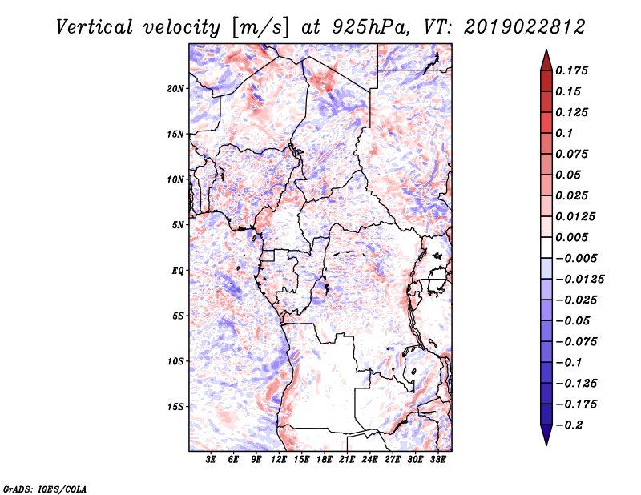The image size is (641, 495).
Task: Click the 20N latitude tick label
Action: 175,89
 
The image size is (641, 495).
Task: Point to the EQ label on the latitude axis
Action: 177,271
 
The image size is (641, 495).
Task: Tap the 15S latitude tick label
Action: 175,407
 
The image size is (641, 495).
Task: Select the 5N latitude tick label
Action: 178,225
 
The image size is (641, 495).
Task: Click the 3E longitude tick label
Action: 211,460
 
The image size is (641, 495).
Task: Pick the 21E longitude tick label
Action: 347,460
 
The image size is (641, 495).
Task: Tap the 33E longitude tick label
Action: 437,460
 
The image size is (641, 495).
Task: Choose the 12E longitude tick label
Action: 278,460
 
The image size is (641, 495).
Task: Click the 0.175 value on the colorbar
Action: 571,70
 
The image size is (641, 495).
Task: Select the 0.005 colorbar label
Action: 571,237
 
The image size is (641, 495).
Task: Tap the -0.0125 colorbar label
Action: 579,280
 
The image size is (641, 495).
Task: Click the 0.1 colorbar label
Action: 564,133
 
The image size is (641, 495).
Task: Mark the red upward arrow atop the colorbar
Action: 546,60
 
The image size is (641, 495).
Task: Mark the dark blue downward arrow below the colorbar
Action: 546,435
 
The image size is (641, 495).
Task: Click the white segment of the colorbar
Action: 546,247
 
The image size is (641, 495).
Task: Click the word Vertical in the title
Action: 95,27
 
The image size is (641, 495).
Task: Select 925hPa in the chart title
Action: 370,27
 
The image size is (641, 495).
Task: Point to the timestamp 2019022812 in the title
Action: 525,27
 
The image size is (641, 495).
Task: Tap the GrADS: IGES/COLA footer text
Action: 45,489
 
